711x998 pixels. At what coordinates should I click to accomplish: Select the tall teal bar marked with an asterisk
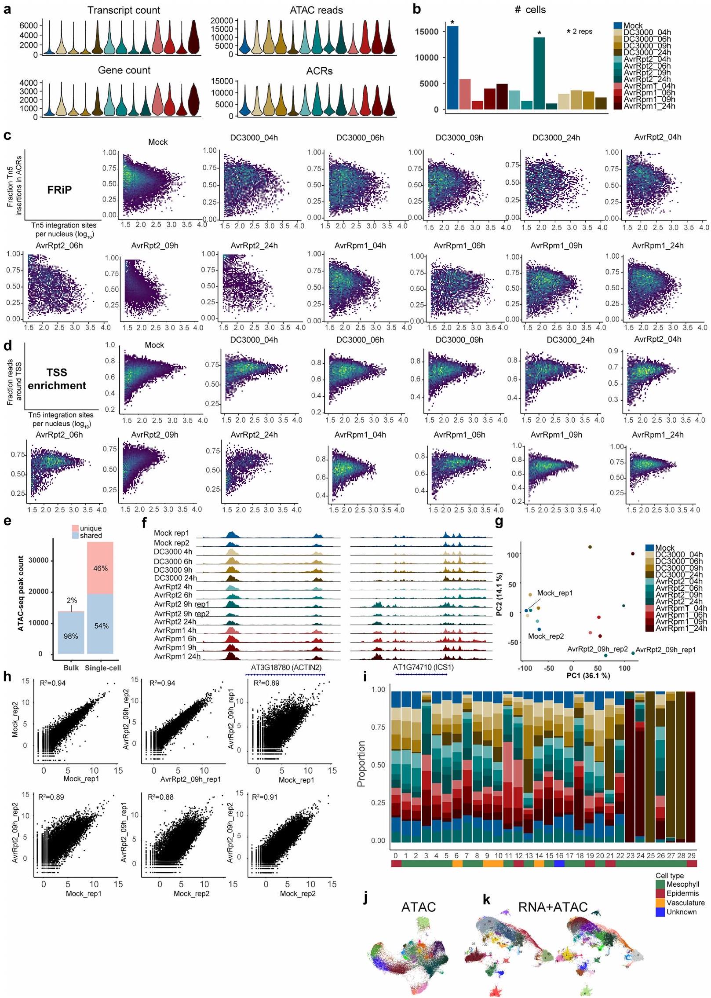[x=539, y=73]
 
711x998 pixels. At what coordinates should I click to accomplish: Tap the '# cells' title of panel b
[x=530, y=10]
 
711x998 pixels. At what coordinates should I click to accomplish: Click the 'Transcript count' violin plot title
[x=124, y=10]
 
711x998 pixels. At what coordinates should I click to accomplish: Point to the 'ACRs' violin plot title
[x=319, y=71]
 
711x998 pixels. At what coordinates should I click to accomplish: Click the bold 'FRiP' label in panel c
[x=59, y=190]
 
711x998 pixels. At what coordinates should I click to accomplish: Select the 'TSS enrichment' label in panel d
[x=57, y=379]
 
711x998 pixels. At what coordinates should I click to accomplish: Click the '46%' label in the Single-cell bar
[x=100, y=568]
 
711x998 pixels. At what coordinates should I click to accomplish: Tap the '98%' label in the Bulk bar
[x=71, y=636]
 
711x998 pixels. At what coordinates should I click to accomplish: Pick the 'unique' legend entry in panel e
[x=91, y=528]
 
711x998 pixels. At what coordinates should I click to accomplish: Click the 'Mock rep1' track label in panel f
[x=171, y=533]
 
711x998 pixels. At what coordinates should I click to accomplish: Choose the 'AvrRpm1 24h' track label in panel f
[x=177, y=657]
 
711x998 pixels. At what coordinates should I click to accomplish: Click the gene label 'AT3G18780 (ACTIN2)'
[x=286, y=667]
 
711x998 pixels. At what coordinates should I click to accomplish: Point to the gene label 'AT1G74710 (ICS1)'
[x=423, y=667]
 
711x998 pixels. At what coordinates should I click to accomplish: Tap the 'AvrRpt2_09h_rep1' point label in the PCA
[x=666, y=649]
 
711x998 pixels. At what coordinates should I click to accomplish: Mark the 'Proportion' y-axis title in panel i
[x=361, y=764]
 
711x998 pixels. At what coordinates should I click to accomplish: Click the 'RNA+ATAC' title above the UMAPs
[x=553, y=907]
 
